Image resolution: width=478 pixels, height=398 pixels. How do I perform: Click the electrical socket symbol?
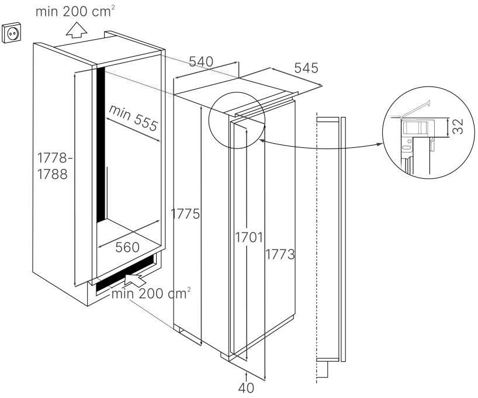click(x=12, y=32)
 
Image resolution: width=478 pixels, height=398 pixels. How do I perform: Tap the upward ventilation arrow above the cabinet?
click(x=77, y=30)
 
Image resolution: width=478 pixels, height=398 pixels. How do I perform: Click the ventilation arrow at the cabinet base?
click(x=134, y=279)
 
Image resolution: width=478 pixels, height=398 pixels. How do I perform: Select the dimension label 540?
click(x=201, y=61)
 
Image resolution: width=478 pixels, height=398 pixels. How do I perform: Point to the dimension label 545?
click(x=306, y=68)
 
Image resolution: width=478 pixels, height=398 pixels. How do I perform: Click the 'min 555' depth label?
click(x=133, y=117)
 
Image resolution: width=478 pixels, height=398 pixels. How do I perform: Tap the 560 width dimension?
click(x=127, y=247)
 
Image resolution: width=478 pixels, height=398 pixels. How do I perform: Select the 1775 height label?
click(x=185, y=213)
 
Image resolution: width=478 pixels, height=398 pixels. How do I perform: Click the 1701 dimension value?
click(x=249, y=237)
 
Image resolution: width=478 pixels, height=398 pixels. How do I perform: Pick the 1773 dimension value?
click(x=280, y=254)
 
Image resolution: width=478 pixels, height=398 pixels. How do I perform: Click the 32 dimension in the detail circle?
click(x=458, y=126)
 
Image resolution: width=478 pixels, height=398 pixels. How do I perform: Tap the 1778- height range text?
click(x=55, y=158)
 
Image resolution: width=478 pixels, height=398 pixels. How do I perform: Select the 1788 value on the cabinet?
click(x=52, y=174)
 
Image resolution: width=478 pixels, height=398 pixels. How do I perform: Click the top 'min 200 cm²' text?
click(x=75, y=12)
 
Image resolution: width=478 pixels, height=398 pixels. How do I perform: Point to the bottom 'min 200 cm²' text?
click(x=151, y=294)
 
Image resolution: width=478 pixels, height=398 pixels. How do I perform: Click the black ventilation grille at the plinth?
click(x=126, y=274)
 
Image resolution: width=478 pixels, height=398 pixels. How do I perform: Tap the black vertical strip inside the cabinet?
click(x=101, y=145)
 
